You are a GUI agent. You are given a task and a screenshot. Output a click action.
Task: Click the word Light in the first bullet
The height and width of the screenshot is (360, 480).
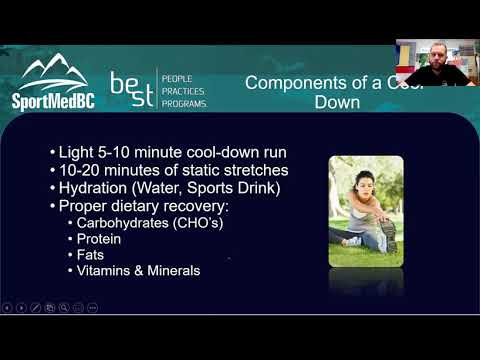coord(76,152)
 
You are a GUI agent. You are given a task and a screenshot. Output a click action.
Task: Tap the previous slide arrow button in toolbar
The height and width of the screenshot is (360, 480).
coord(7,307)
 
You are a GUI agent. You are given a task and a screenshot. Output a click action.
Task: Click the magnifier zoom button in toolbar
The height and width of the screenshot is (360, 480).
coord(63,307)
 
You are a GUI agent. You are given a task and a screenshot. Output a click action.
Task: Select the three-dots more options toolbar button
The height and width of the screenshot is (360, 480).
coord(93,307)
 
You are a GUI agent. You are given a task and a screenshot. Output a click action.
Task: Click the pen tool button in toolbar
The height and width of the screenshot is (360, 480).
coord(35,307)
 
